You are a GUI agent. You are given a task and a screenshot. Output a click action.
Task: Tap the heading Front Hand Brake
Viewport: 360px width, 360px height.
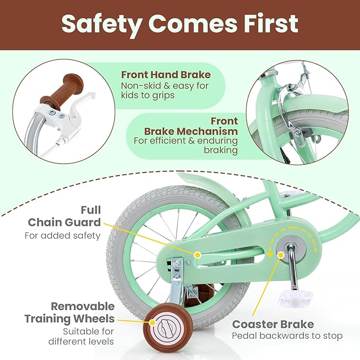tap(165, 75)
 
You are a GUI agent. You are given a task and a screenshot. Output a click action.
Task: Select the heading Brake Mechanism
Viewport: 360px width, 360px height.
tap(191, 131)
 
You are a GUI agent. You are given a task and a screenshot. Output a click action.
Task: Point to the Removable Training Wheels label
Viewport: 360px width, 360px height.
tap(69, 313)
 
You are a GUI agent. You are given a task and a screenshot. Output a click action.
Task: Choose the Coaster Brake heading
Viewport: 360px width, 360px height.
tap(273, 324)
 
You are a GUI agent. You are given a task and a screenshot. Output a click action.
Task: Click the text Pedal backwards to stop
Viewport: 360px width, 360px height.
tap(287, 336)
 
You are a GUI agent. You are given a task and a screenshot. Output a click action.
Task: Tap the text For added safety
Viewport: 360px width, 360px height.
tap(63, 235)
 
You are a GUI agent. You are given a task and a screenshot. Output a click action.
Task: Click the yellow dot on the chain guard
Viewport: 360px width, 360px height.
tap(197, 255)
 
